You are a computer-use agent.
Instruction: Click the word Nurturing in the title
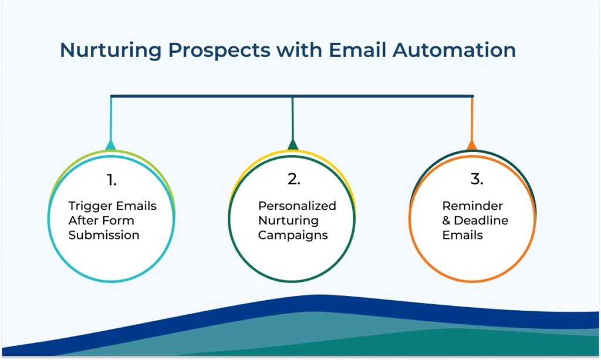click(x=110, y=51)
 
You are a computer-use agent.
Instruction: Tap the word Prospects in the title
click(x=220, y=51)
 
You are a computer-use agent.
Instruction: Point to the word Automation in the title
click(x=454, y=50)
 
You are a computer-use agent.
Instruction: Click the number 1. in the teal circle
click(x=112, y=180)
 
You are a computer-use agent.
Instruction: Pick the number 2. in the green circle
click(x=294, y=179)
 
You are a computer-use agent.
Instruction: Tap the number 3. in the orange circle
click(x=477, y=179)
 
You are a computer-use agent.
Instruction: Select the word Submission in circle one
click(x=104, y=235)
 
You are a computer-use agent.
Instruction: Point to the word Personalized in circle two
click(x=297, y=206)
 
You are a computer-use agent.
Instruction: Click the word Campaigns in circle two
click(x=293, y=235)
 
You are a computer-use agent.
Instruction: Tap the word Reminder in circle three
click(x=472, y=206)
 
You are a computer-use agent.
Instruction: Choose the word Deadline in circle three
click(x=481, y=220)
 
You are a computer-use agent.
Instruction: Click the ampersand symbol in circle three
click(x=446, y=220)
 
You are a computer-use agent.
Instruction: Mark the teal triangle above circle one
click(x=111, y=145)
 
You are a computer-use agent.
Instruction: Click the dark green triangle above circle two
click(x=293, y=144)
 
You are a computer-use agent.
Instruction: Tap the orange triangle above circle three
click(x=472, y=145)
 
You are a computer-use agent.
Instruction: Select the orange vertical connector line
click(x=472, y=119)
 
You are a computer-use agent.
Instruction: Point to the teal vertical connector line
click(x=111, y=119)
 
